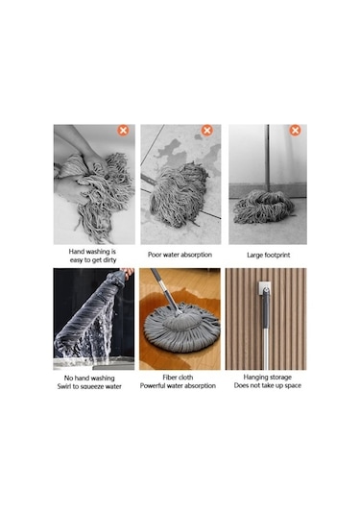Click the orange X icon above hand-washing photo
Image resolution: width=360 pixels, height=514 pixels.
(123, 131)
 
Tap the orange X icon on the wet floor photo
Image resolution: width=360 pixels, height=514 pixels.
(207, 131)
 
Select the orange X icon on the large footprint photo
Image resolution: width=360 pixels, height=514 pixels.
(295, 131)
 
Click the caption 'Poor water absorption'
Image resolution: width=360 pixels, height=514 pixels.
(180, 255)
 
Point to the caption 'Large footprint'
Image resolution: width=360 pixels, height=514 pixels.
(268, 255)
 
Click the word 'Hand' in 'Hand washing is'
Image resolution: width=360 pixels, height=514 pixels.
(75, 252)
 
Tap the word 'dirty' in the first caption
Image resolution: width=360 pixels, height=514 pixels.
(108, 260)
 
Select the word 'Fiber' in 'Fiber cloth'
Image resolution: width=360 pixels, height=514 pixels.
(170, 378)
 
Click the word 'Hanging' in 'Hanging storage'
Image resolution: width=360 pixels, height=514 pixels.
(255, 378)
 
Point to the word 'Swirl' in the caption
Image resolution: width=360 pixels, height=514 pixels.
(64, 386)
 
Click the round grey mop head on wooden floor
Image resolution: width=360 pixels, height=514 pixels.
(181, 328)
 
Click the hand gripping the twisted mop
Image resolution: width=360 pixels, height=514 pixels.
(127, 273)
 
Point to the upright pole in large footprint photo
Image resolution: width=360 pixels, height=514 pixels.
(268, 158)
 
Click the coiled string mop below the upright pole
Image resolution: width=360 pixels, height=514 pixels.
(264, 207)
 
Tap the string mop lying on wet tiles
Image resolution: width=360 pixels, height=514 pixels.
(180, 194)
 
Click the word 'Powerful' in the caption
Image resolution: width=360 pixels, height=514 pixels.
(153, 386)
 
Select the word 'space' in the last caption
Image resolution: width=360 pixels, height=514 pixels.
(293, 386)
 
